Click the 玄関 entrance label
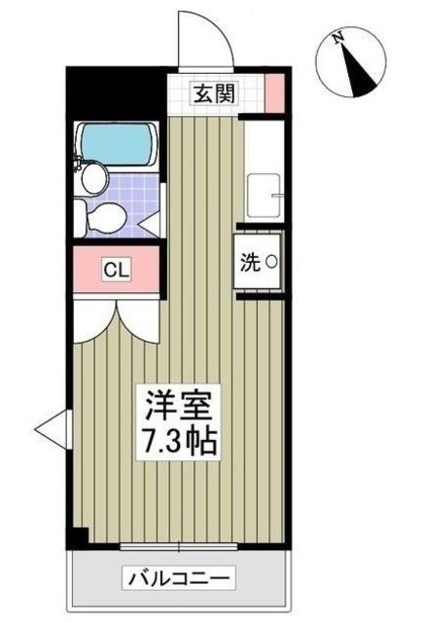[x=212, y=93]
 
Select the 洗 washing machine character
[x=250, y=262]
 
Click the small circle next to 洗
[x=271, y=262]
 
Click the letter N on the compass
[x=336, y=40]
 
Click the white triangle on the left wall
[x=51, y=425]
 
